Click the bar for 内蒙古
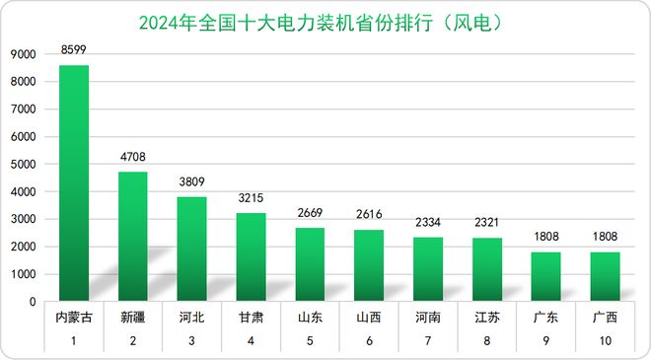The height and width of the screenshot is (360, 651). point(74,182)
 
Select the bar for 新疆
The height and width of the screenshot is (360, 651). point(133,237)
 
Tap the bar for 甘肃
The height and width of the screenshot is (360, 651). point(251,256)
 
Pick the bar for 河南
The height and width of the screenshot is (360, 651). point(428,268)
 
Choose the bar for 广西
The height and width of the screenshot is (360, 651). point(605,276)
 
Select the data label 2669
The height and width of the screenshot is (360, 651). point(310,213)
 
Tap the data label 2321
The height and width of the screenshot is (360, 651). point(487,223)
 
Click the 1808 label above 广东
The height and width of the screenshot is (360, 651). point(545,237)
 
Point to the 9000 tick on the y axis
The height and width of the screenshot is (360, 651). point(27,56)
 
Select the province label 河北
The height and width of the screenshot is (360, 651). point(191,318)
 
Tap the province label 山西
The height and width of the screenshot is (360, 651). point(369,318)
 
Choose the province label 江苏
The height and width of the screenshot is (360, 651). point(487,318)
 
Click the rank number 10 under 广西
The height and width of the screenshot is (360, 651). point(605,341)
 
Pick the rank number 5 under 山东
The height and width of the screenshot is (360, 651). point(310,341)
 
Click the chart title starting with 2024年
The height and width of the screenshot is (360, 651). point(325,19)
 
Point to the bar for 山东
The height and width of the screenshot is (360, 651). point(310,263)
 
